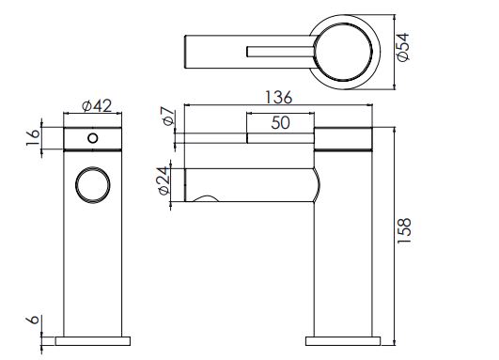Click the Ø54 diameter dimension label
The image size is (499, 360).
(403, 46)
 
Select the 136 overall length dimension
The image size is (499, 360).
(278, 97)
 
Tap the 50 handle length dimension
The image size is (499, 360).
(280, 122)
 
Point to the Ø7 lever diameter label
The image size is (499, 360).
(168, 116)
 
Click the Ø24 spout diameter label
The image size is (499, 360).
(164, 180)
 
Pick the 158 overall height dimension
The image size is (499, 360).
(404, 231)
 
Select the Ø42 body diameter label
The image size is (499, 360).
(97, 106)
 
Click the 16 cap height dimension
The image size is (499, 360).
(33, 137)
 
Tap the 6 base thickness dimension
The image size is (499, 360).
(33, 320)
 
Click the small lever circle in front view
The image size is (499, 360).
(93, 138)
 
